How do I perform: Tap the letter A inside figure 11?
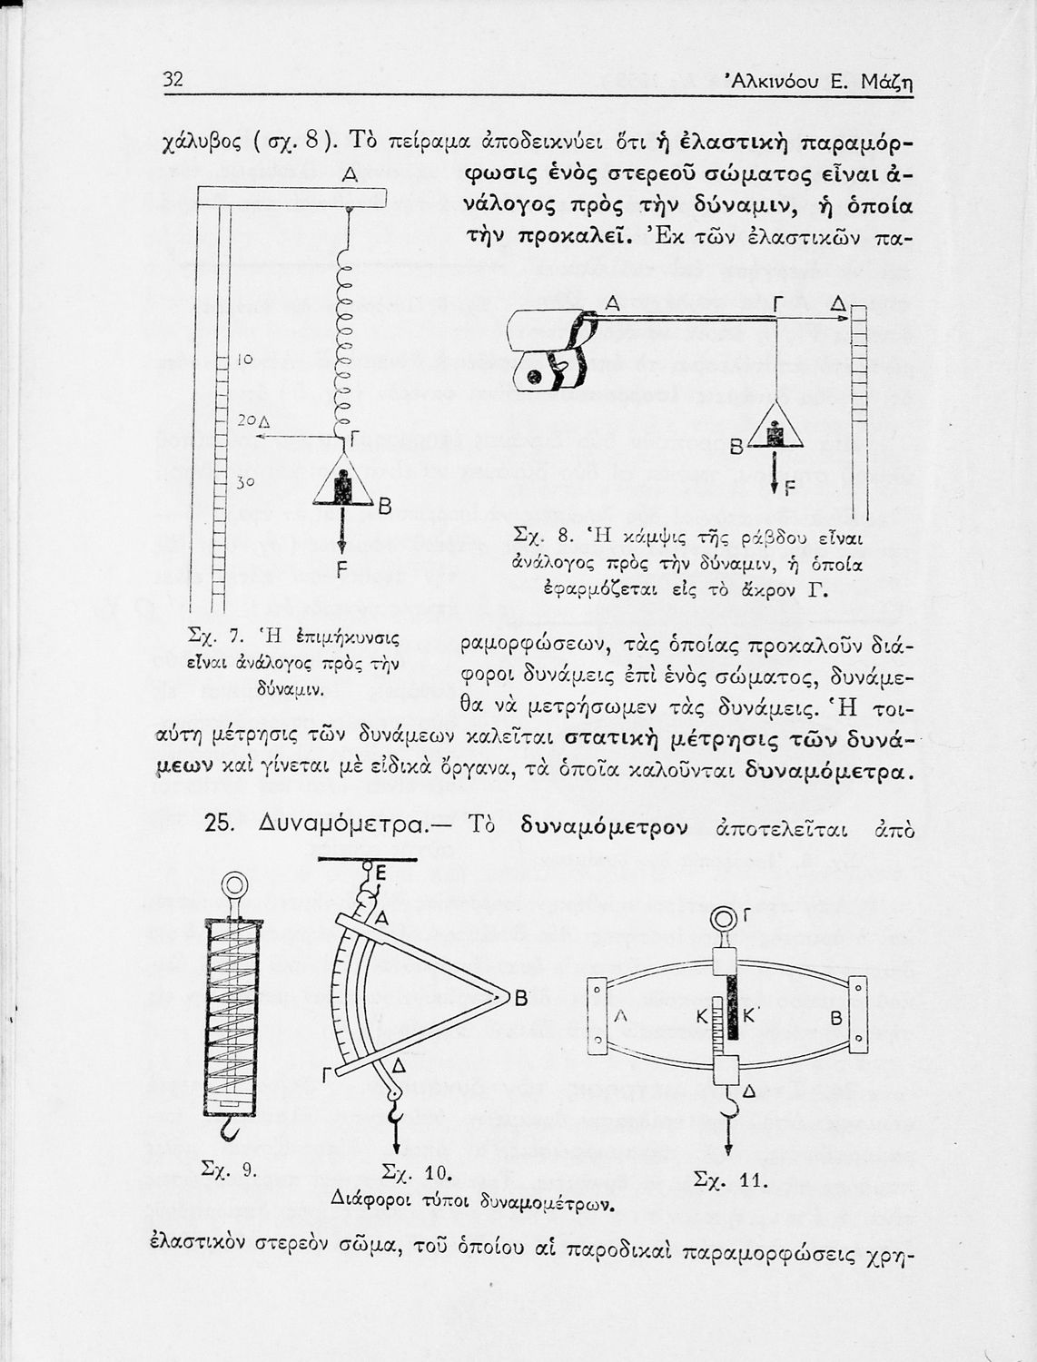point(622,1018)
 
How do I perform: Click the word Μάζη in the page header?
point(884,83)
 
